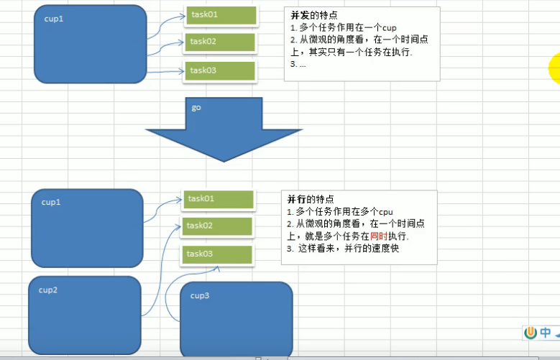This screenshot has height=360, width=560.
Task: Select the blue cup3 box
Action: [236, 319]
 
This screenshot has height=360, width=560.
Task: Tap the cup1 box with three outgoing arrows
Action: [90, 44]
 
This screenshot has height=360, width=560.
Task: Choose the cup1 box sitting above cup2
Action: [87, 228]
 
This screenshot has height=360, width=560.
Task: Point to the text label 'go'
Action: [196, 107]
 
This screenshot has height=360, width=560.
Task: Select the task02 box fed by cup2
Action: [217, 226]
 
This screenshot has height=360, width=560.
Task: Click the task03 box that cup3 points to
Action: [216, 254]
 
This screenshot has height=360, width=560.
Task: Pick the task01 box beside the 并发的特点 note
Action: [221, 14]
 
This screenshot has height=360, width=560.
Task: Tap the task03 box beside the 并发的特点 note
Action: [220, 70]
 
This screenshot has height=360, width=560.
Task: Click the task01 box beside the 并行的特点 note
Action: [219, 198]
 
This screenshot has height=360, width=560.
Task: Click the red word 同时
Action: [378, 236]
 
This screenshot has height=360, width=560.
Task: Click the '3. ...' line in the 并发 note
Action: [298, 65]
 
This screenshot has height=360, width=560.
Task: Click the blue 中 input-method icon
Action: [546, 333]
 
